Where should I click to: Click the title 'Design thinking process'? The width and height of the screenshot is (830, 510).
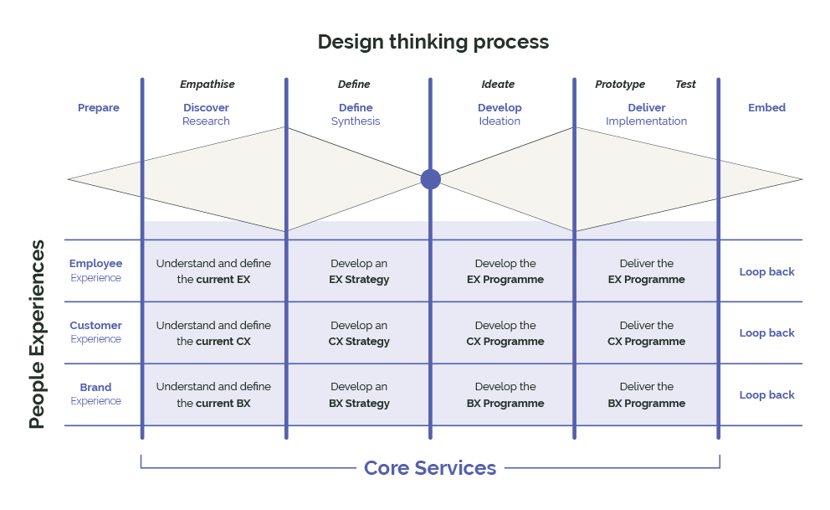(433, 42)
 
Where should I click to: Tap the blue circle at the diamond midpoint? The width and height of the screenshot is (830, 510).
(430, 179)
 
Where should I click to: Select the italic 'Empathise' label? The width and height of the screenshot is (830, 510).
(207, 85)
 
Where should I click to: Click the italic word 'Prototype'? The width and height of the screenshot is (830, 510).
(620, 85)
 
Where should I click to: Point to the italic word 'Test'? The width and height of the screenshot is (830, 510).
(685, 85)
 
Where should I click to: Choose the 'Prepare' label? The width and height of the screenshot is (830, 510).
(99, 108)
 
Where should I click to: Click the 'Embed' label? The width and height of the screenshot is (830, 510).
(766, 108)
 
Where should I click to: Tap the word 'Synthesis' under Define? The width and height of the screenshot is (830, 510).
(356, 121)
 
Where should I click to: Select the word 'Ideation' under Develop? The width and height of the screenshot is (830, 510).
(500, 121)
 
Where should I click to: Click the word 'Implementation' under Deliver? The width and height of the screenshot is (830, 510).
(646, 121)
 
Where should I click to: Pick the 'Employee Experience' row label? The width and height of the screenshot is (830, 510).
(95, 270)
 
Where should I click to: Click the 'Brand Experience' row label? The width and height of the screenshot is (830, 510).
(95, 394)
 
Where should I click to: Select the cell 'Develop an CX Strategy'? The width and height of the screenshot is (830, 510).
(359, 333)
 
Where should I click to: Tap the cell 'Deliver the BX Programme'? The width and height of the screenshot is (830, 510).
(646, 395)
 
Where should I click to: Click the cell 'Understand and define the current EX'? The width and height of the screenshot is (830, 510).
(213, 271)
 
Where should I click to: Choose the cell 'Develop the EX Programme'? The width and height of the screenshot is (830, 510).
(505, 271)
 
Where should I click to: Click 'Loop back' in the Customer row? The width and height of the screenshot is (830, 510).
(766, 333)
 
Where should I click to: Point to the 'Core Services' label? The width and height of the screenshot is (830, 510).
(430, 468)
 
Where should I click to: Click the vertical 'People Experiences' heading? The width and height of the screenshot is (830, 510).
(37, 334)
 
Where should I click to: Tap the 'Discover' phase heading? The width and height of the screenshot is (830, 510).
(206, 108)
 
